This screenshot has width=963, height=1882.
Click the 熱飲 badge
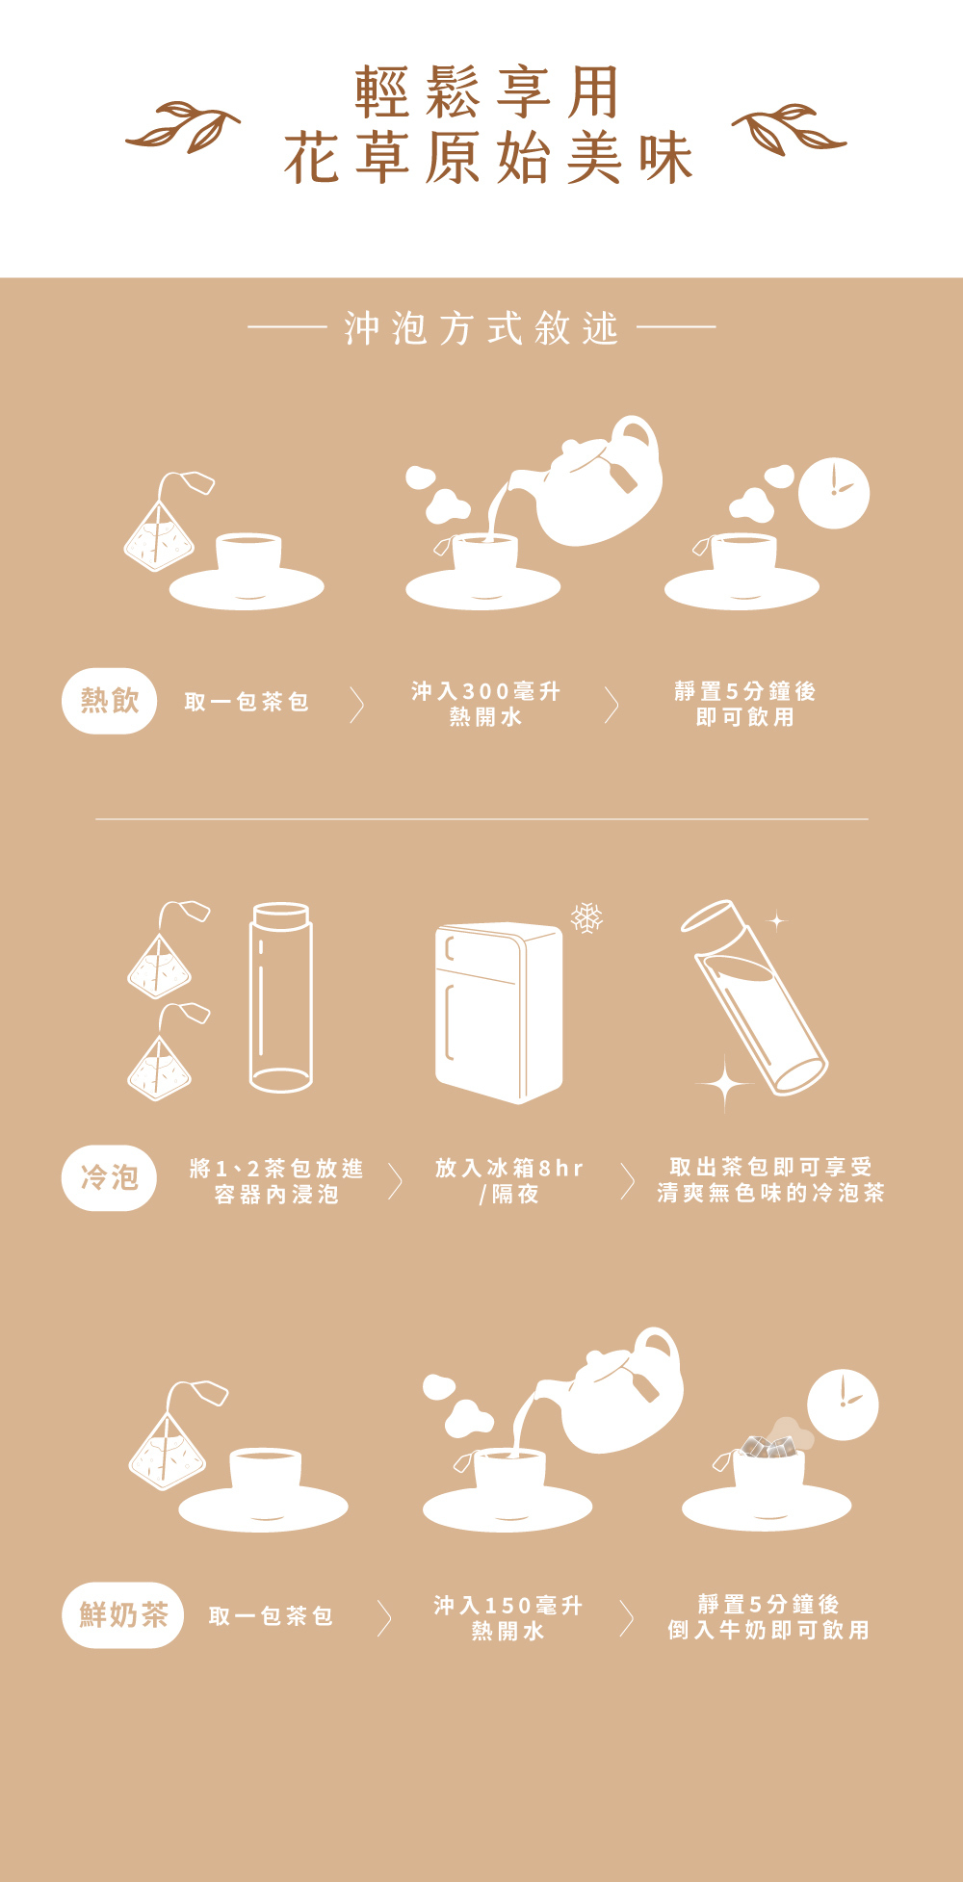[109, 701]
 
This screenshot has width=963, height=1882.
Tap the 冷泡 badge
[109, 1177]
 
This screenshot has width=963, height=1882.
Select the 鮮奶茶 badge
[122, 1614]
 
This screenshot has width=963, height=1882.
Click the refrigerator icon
[499, 1013]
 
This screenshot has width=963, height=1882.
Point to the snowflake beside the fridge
[586, 917]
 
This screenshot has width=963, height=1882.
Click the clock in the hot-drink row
[834, 493]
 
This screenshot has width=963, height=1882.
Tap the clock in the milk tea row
[843, 1405]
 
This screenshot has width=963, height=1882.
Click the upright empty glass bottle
[280, 997]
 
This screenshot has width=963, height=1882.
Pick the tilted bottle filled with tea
[754, 997]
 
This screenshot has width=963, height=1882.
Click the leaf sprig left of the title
[183, 127]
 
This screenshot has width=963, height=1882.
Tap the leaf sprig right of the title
[789, 128]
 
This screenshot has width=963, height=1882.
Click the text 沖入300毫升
[485, 691]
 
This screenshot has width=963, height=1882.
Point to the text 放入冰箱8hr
[509, 1168]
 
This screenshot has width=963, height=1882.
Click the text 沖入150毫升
[508, 1605]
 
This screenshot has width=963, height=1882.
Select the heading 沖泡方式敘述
[481, 328]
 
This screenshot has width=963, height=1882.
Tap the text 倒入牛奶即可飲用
[768, 1630]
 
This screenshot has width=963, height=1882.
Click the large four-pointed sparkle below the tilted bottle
[725, 1084]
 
